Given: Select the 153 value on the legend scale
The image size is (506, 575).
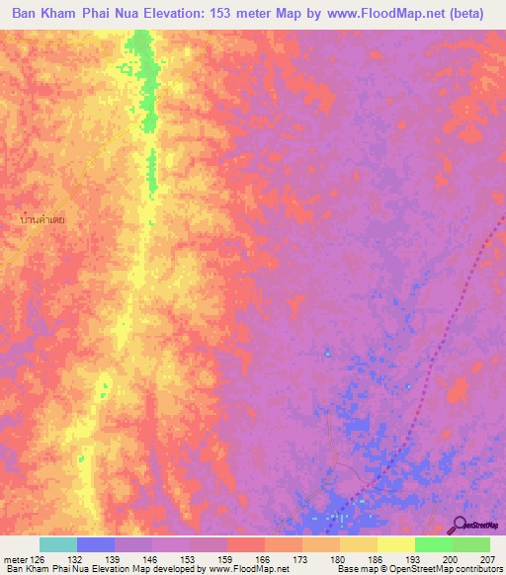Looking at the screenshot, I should [x=189, y=558].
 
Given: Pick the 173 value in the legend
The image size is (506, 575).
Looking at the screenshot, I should [x=302, y=558].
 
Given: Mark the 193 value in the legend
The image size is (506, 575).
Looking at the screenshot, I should [x=415, y=558].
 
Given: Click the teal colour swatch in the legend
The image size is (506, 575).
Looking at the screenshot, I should [x=58, y=544].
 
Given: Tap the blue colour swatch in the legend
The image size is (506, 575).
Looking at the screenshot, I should [x=96, y=544].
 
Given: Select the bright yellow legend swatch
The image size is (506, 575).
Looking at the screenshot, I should [x=395, y=544].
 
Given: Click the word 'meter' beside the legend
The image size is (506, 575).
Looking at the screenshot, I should [x=14, y=558].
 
